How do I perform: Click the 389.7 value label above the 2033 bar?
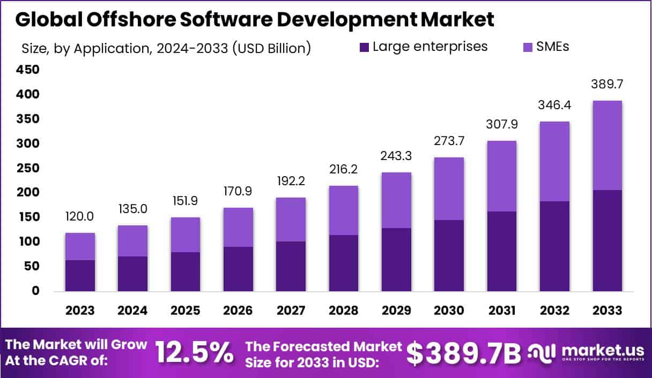click(608, 85)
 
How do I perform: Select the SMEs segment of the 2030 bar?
click(449, 188)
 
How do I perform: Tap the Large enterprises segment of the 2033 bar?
click(608, 241)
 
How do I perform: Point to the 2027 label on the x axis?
click(291, 311)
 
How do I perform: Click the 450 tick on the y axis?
click(28, 70)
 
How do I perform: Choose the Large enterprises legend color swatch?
click(364, 47)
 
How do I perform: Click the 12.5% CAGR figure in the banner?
click(194, 353)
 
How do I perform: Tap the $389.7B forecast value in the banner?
click(463, 353)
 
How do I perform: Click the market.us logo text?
click(603, 351)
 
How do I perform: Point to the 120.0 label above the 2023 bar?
click(80, 217)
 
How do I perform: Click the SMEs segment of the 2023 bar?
click(80, 246)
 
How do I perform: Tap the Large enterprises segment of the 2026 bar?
click(239, 269)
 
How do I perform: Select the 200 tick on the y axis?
click(28, 192)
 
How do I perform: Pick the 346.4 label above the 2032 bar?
click(555, 105)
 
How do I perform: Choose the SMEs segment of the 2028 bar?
click(344, 210)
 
